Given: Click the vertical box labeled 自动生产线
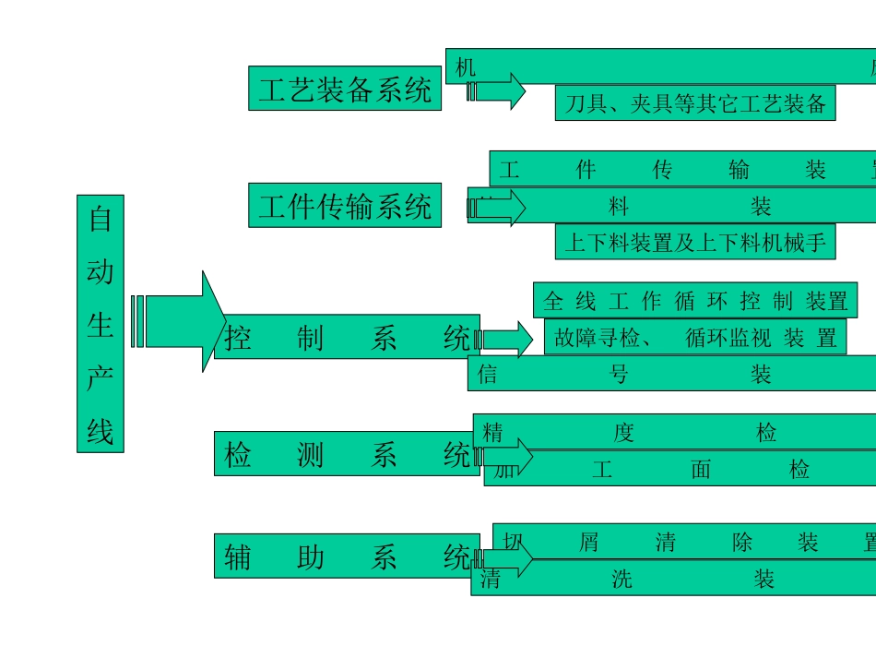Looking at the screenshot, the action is click(100, 323).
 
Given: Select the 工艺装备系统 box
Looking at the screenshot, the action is click(344, 89).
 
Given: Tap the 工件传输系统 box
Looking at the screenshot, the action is click(344, 205).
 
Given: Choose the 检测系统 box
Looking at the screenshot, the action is click(347, 453).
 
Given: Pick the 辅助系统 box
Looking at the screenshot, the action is click(347, 556).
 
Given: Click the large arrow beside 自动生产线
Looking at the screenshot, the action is click(181, 321).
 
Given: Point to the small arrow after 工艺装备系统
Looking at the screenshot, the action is click(498, 91).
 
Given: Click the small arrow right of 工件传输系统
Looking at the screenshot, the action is click(498, 208).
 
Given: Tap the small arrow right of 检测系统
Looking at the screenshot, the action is click(506, 456).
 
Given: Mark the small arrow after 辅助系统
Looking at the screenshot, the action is click(506, 558).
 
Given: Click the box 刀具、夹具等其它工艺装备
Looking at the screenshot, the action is click(695, 102).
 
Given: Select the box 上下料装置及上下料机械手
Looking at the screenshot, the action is click(695, 242).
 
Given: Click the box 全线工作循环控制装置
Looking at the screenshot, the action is click(695, 301).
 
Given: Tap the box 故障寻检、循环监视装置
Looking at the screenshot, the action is click(695, 337).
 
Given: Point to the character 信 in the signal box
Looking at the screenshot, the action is click(489, 374).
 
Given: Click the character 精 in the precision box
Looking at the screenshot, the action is click(493, 432).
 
